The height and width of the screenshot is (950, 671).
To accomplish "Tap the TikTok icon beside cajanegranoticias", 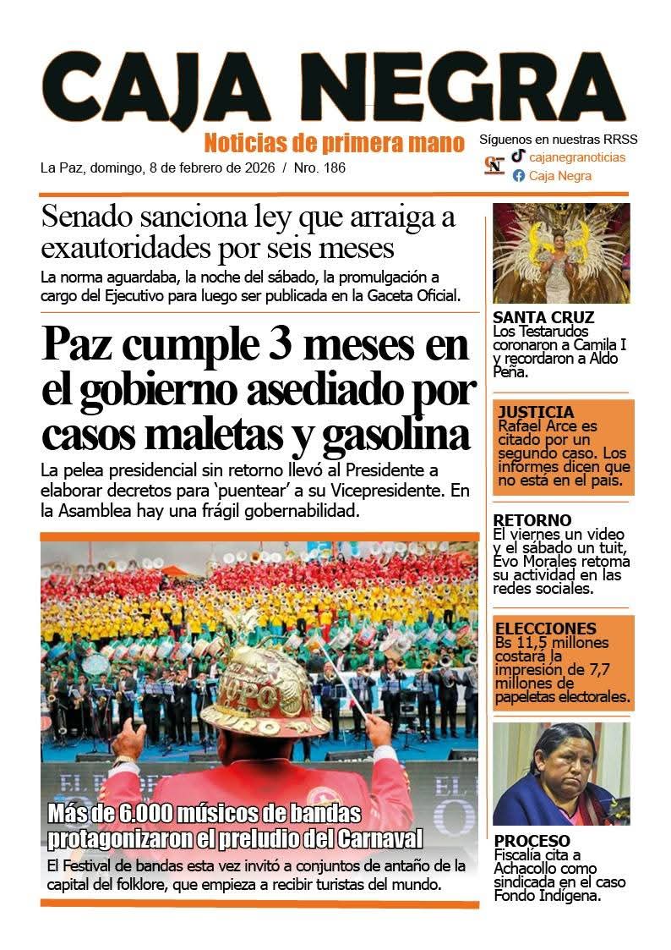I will tap(518, 157).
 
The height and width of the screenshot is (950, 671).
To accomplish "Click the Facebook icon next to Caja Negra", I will tap(518, 176).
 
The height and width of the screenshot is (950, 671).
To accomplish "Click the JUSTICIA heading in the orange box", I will tap(536, 412).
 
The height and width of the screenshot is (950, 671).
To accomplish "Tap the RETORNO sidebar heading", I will tap(532, 519).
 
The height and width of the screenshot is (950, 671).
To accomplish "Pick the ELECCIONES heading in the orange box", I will tap(545, 629).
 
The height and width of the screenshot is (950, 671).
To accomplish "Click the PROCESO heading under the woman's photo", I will tap(532, 840).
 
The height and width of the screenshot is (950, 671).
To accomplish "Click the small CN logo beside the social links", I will tap(494, 165).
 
